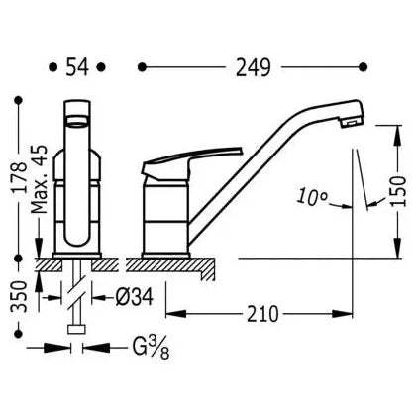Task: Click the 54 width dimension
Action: click(x=77, y=67)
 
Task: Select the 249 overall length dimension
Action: click(x=254, y=67)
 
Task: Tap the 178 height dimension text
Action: click(x=19, y=177)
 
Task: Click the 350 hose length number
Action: click(x=19, y=297)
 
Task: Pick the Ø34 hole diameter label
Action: click(x=135, y=297)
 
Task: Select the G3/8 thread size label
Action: click(x=152, y=348)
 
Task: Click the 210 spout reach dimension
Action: click(x=262, y=314)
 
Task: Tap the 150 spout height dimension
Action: click(x=397, y=191)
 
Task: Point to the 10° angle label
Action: click(x=311, y=196)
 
